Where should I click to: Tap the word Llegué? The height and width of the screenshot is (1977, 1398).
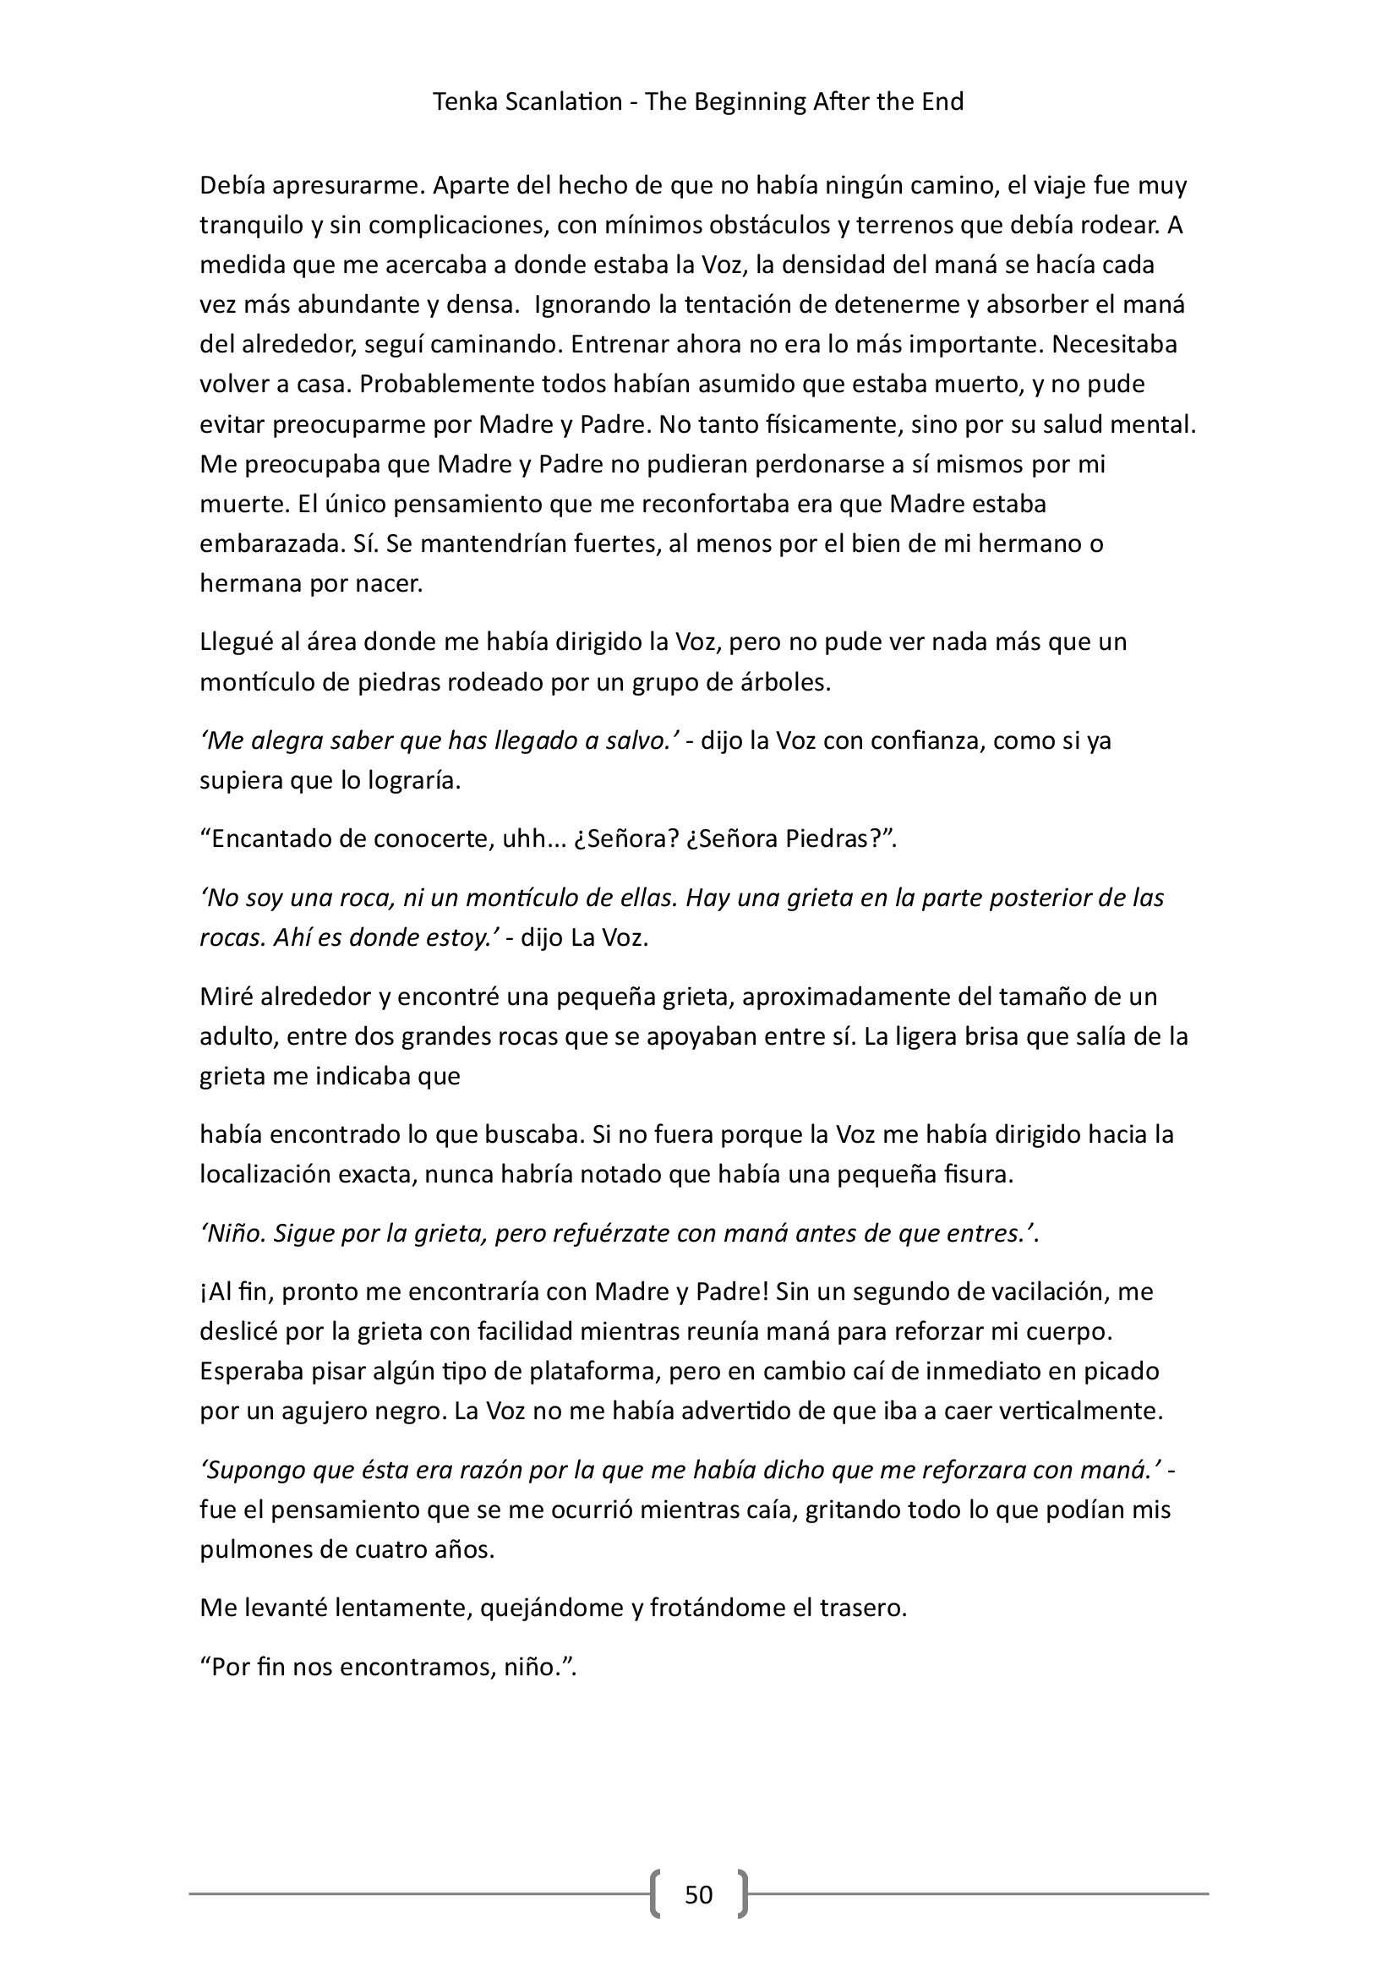coord(237,642)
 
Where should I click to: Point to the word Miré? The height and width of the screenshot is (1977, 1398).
coord(225,997)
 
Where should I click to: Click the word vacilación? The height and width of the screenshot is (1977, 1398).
coord(1036,1292)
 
